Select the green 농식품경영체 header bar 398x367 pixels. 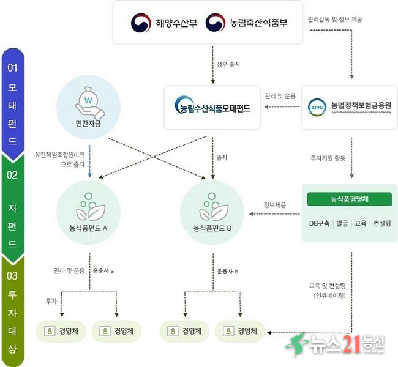pos(349,199)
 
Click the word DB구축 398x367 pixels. pos(318,224)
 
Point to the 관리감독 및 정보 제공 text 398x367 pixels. pos(336,20)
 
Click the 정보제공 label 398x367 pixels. pos(275,204)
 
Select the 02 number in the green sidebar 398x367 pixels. pos(12,172)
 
